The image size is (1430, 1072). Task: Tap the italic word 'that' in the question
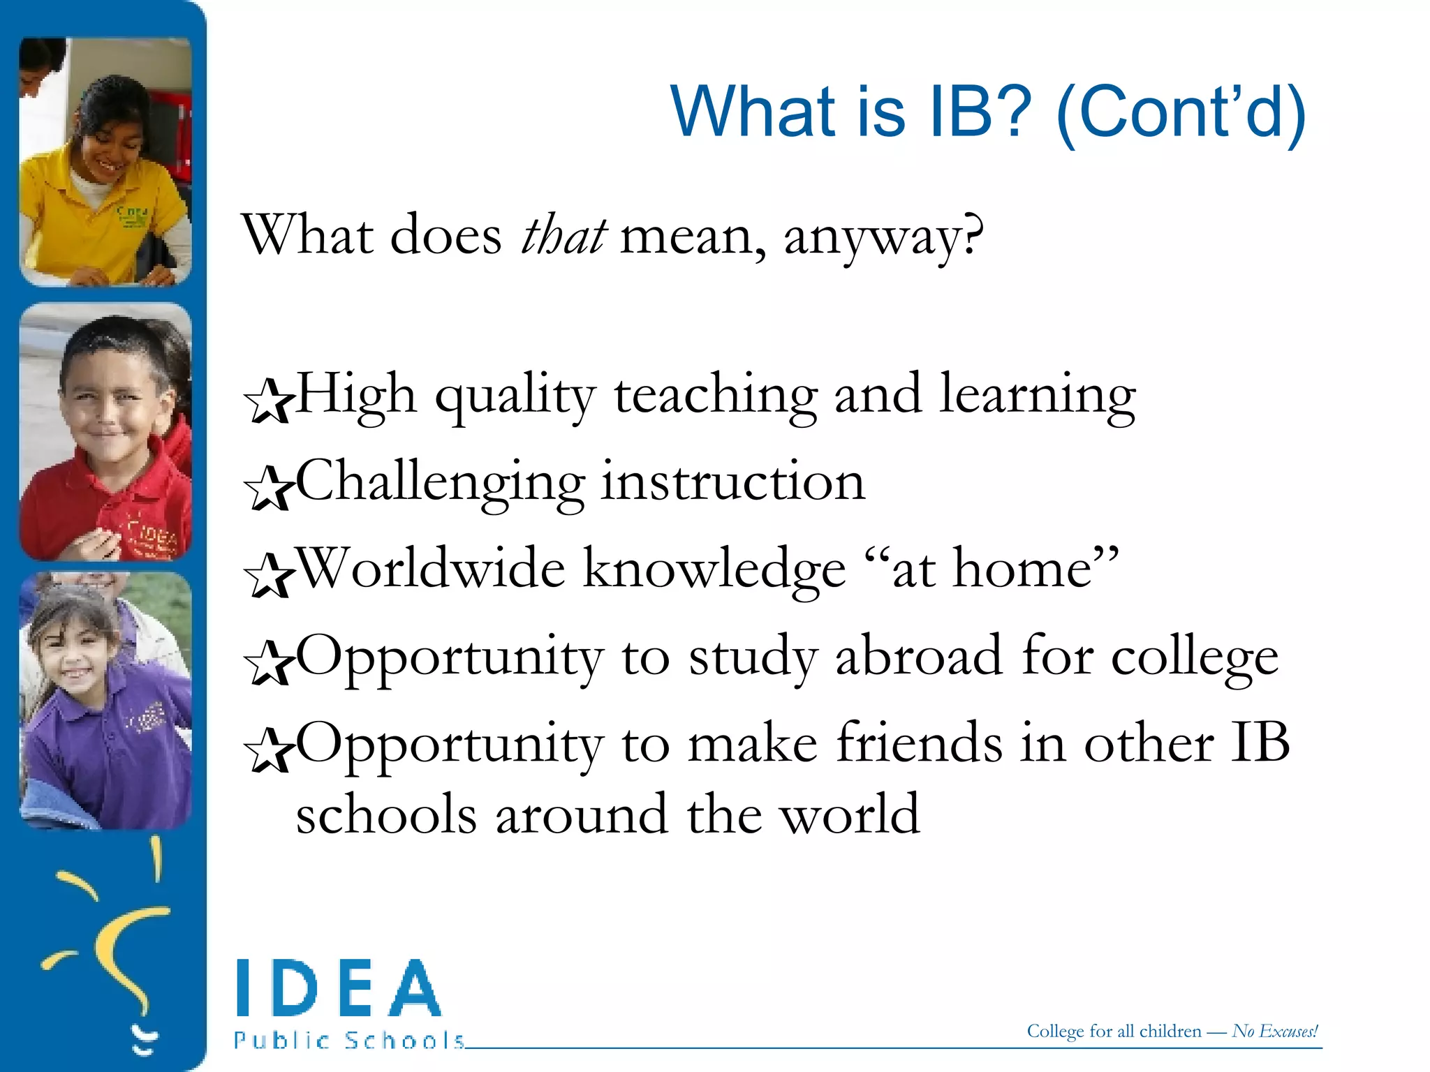[x=563, y=236]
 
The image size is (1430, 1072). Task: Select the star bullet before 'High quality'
[x=268, y=401]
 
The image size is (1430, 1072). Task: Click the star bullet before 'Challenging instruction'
[x=268, y=488]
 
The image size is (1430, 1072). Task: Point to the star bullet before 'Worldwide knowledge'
[x=268, y=575]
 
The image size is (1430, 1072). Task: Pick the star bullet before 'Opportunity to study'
[x=268, y=662]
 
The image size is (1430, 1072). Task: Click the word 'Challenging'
[x=441, y=483]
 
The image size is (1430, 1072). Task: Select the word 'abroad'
[x=919, y=657]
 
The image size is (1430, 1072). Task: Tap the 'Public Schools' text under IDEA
[x=349, y=1041]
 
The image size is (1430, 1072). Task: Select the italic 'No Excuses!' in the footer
[x=1275, y=1032]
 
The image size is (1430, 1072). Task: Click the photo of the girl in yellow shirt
[x=105, y=162]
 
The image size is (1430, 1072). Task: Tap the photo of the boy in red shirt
[x=105, y=432]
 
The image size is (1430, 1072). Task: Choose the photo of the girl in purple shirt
[x=105, y=701]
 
